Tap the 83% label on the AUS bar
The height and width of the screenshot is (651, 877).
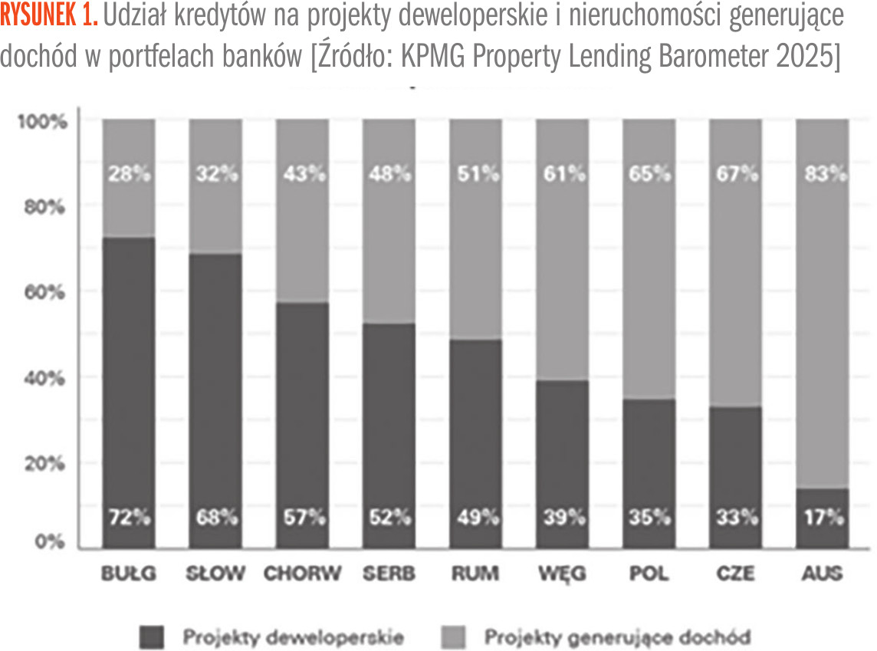click(822, 175)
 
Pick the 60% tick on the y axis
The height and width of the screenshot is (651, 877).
click(48, 292)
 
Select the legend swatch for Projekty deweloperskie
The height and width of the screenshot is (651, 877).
click(153, 637)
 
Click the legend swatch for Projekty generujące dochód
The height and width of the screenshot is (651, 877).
click(455, 637)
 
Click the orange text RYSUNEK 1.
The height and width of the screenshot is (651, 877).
click(49, 18)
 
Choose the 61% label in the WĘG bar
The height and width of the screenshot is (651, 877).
click(561, 175)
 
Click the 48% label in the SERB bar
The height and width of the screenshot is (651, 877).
click(389, 175)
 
